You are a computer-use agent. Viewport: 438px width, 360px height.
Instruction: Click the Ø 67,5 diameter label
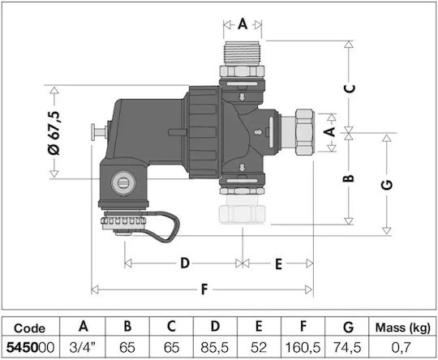pyautogui.click(x=54, y=133)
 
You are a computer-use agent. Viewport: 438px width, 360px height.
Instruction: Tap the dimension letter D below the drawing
pyautogui.click(x=185, y=263)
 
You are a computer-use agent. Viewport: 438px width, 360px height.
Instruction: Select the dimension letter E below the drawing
pyautogui.click(x=278, y=264)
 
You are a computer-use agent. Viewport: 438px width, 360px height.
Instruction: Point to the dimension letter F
pyautogui.click(x=204, y=289)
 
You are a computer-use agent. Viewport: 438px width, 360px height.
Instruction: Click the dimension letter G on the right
pyautogui.click(x=387, y=185)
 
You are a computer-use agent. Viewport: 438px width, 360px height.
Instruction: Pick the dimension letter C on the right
pyautogui.click(x=349, y=88)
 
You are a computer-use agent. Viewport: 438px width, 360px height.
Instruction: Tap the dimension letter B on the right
pyautogui.click(x=349, y=178)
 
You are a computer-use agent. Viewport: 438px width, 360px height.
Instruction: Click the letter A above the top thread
pyautogui.click(x=243, y=24)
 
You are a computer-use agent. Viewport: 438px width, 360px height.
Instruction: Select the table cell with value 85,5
pyautogui.click(x=215, y=347)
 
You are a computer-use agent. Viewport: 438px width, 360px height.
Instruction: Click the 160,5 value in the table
pyautogui.click(x=303, y=347)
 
